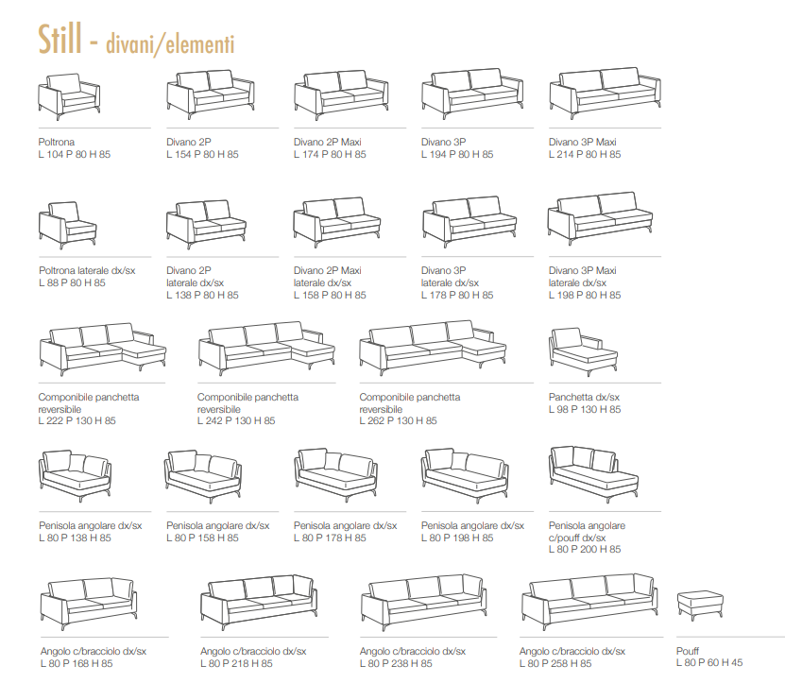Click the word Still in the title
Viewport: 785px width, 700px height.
click(x=60, y=39)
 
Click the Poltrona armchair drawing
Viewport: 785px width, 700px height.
click(x=69, y=96)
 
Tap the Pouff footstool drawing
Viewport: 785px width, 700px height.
click(x=700, y=606)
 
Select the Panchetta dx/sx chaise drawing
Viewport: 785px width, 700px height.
click(x=583, y=351)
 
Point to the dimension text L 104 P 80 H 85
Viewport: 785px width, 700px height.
click(x=74, y=154)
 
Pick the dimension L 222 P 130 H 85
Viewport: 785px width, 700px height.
click(x=77, y=420)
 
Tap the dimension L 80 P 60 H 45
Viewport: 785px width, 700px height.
click(x=708, y=662)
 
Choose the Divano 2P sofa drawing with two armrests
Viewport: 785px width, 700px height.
click(x=211, y=94)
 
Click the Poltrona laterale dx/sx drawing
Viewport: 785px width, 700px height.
click(x=68, y=226)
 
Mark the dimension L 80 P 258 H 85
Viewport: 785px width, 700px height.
click(x=555, y=663)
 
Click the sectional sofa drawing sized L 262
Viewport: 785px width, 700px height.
click(x=433, y=349)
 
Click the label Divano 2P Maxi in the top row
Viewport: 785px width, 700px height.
click(x=328, y=142)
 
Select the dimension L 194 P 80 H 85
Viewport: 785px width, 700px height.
click(x=457, y=154)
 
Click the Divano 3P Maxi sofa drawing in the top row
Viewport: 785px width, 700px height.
click(x=606, y=94)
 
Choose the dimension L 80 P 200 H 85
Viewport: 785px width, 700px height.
click(x=585, y=549)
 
